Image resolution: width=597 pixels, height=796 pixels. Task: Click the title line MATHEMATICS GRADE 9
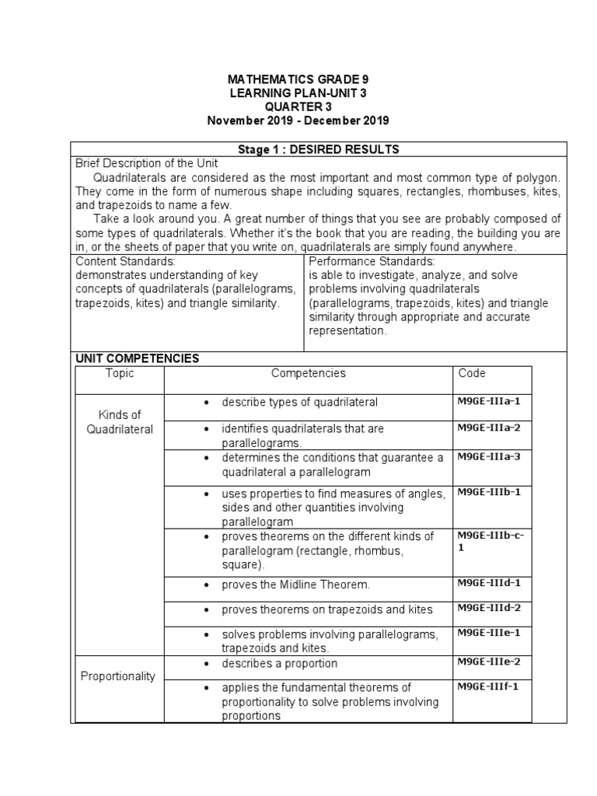(x=297, y=79)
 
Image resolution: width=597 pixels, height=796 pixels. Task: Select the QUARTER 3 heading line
(x=297, y=106)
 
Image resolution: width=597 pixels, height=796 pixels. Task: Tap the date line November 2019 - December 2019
(x=297, y=120)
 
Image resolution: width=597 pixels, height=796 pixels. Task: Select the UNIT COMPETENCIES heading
(x=137, y=358)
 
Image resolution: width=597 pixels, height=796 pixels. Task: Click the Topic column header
(x=120, y=373)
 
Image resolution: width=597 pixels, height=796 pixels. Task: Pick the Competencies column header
(x=309, y=373)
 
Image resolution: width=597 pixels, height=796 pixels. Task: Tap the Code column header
(x=472, y=373)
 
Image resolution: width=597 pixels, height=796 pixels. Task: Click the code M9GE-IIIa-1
(x=488, y=401)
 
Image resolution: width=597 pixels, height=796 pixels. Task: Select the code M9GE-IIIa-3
(x=488, y=456)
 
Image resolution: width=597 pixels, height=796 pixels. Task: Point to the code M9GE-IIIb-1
(x=488, y=492)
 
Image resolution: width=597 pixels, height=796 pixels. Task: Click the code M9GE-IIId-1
(x=488, y=582)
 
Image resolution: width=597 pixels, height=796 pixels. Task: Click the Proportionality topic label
(x=118, y=676)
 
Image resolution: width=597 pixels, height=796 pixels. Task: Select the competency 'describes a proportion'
(x=279, y=663)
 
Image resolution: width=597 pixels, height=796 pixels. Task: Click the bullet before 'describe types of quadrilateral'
(x=205, y=403)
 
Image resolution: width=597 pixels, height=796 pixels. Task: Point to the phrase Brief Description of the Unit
(x=146, y=163)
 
